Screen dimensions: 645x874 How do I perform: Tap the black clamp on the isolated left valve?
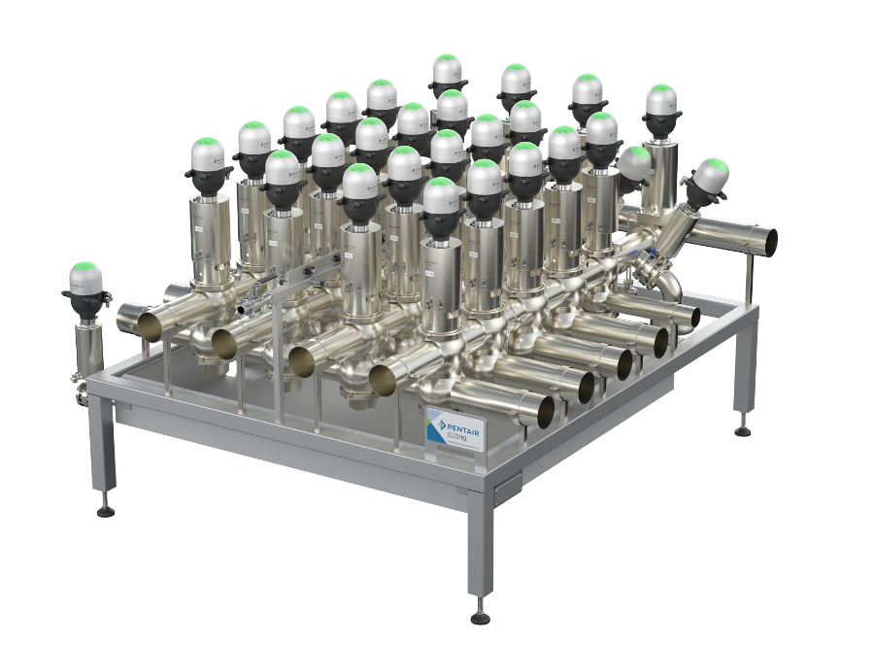pos(84,305)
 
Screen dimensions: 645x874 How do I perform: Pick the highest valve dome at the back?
pos(447,68)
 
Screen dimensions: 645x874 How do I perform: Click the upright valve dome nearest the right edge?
pos(660,99)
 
